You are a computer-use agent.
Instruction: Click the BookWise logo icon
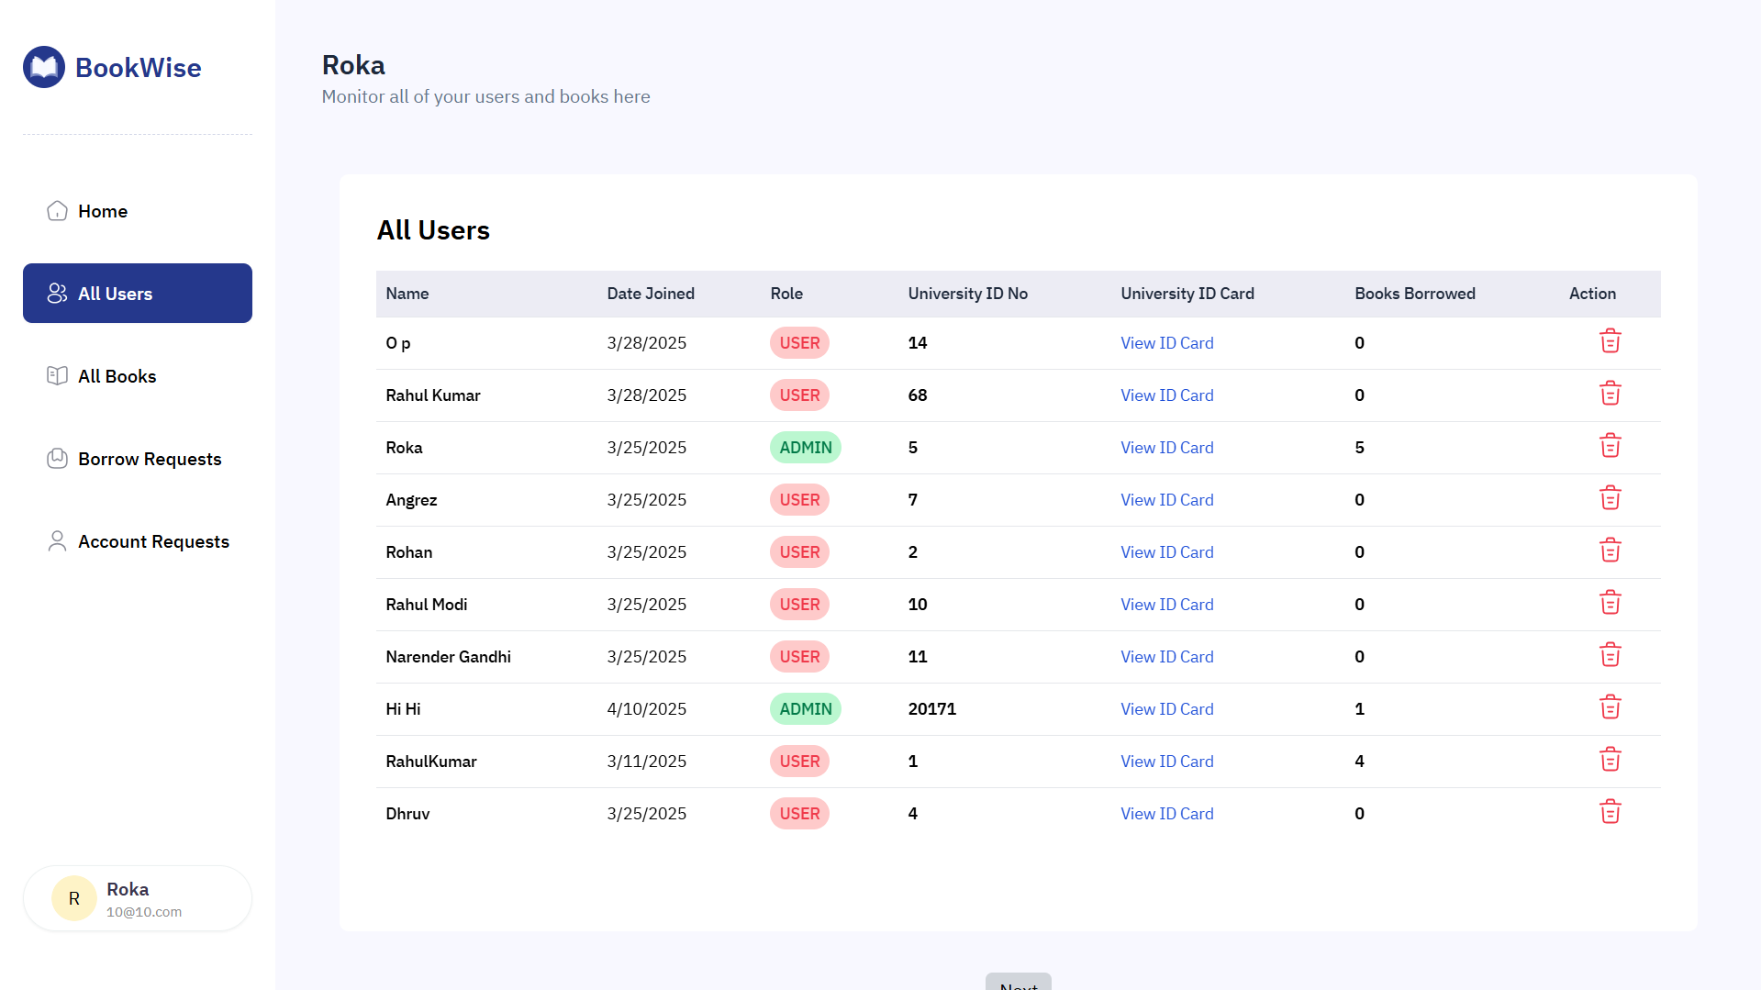click(44, 67)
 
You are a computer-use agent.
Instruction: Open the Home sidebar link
click(102, 211)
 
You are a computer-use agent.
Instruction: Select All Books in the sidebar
click(117, 376)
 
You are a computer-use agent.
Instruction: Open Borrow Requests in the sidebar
click(149, 459)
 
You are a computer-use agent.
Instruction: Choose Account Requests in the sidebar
click(152, 541)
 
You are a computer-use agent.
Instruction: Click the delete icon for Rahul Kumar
click(1610, 395)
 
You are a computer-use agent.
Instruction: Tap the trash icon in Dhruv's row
click(1610, 813)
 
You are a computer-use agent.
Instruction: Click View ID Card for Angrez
click(1166, 500)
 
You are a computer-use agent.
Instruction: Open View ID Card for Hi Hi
click(1166, 709)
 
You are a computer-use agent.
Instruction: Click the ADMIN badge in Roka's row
click(805, 448)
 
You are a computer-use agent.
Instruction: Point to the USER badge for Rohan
click(799, 552)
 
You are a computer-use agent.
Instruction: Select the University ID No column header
click(967, 294)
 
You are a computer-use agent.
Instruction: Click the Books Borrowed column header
click(1414, 294)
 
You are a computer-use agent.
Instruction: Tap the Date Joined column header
click(650, 294)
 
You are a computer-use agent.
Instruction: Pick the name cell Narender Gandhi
click(448, 657)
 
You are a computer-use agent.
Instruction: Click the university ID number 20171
click(931, 709)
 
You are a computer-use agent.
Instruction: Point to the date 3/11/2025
click(646, 762)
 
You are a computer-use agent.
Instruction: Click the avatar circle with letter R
click(74, 898)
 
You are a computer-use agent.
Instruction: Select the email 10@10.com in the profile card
click(144, 912)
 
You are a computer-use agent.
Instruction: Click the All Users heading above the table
click(433, 230)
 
